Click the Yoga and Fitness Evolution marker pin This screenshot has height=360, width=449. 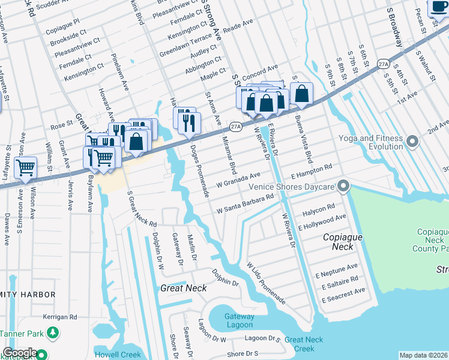coord(412,142)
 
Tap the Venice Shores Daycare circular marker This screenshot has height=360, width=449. coord(343,186)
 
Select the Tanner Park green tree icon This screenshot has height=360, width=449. coord(53,332)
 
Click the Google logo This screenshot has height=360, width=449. coord(20,353)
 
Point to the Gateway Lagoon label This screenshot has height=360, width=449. coord(240,321)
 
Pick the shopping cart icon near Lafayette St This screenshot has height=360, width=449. coord(25,168)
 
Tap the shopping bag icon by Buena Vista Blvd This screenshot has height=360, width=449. coord(301,94)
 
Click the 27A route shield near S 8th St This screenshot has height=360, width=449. coord(384,63)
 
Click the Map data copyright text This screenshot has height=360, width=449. coord(423,355)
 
